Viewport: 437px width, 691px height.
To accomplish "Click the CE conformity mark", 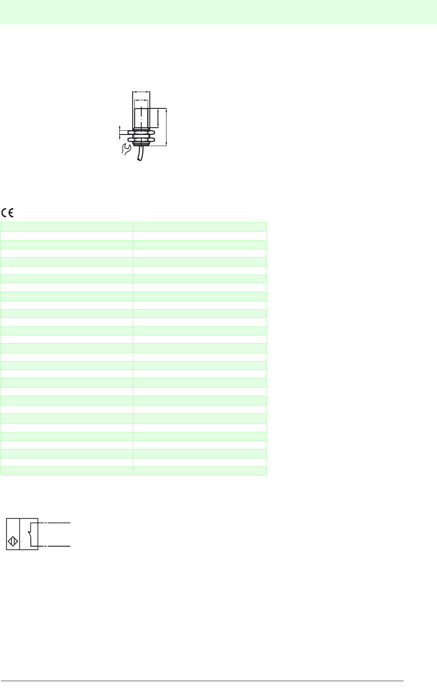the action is (x=8, y=212).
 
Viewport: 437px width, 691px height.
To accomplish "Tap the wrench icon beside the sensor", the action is (x=126, y=149).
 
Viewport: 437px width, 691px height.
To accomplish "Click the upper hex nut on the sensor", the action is (x=141, y=132).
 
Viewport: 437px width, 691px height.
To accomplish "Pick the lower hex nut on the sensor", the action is (x=141, y=139).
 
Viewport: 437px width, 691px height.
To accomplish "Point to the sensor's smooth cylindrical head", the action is (x=141, y=118).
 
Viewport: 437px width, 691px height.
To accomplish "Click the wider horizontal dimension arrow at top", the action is (x=141, y=92).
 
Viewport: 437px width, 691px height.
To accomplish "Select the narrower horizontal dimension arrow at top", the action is (x=141, y=101).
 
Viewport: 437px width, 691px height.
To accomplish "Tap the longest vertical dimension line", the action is (x=166, y=127).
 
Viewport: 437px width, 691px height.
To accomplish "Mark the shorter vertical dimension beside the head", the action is (x=158, y=118).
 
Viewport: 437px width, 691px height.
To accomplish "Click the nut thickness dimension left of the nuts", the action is (x=120, y=132).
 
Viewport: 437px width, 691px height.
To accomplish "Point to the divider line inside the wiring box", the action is (x=20, y=534).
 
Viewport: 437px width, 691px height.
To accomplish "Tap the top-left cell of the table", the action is (x=67, y=227).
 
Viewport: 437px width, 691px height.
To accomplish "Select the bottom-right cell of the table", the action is (x=200, y=471).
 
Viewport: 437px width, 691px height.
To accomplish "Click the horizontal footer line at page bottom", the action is (x=202, y=681).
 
